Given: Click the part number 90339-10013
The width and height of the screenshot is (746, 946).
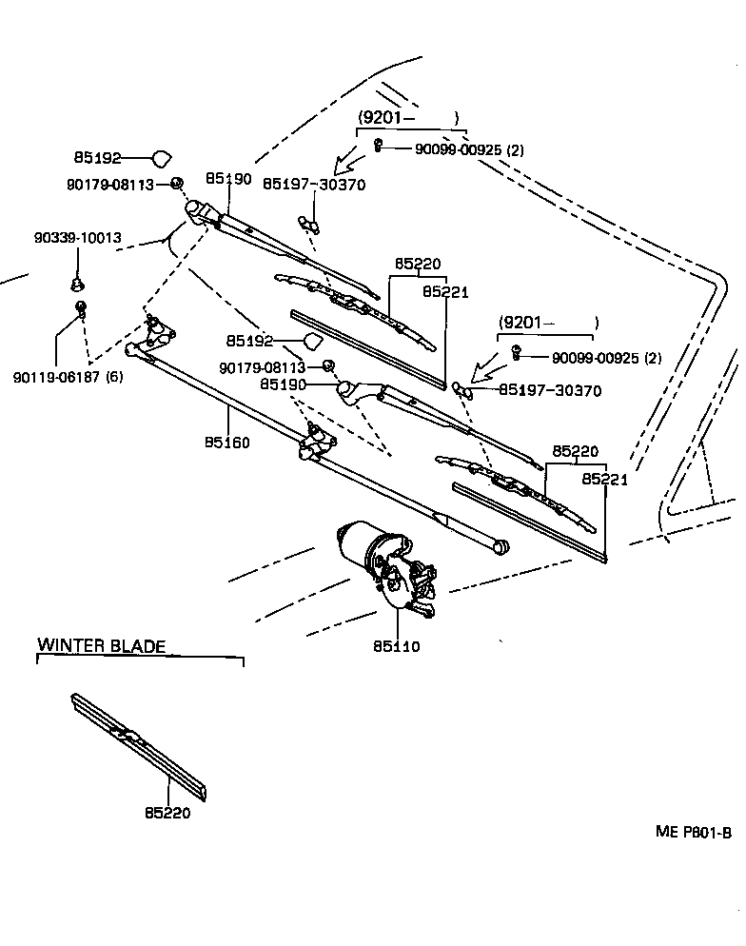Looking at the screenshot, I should coord(74,237).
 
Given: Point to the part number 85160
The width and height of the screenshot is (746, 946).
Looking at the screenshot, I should coord(227,443).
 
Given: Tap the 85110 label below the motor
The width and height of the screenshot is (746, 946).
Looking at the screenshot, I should coord(396,647).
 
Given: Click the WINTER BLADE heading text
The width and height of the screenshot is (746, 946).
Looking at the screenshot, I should coord(101,646).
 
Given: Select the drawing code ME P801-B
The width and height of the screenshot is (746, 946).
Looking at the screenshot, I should coord(693,832).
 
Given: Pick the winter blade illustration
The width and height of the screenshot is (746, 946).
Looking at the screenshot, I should coord(138,747).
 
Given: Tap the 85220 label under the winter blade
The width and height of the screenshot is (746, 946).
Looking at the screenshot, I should coord(168,814).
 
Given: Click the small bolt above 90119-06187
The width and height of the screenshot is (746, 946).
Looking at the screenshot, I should coord(82,307).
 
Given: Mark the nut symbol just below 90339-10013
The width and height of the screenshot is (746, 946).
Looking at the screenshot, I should coord(77,283).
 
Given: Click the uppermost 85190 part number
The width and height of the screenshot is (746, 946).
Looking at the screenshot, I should coord(228,179).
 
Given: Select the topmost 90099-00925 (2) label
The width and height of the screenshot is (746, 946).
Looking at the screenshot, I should coord(469,149).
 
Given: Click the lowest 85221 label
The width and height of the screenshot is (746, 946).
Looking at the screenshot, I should coord(605,480).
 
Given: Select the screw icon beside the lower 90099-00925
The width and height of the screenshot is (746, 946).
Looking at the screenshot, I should coord(516,352).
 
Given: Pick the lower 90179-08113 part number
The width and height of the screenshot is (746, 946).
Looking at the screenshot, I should coord(262,367).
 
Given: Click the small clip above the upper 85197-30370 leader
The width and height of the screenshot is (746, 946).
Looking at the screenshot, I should coord(308,223).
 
